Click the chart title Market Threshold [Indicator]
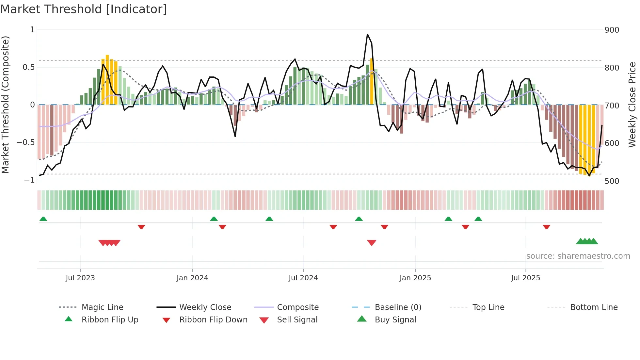point(84,9)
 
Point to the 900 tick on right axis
point(612,30)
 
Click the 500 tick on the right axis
point(612,181)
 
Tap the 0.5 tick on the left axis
point(28,67)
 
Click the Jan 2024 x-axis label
point(192,278)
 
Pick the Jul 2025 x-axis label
point(525,278)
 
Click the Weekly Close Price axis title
point(632,105)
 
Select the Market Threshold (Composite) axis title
point(5,105)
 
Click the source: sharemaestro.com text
point(578,256)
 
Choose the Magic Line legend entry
point(102,307)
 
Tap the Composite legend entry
point(297,307)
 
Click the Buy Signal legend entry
point(395,320)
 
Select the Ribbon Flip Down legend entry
point(213,320)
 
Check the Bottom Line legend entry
point(594,307)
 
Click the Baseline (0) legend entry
point(398,307)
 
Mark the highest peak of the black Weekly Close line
point(367,34)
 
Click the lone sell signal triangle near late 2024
point(372,242)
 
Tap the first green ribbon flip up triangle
point(43,219)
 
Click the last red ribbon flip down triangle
point(546,227)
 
